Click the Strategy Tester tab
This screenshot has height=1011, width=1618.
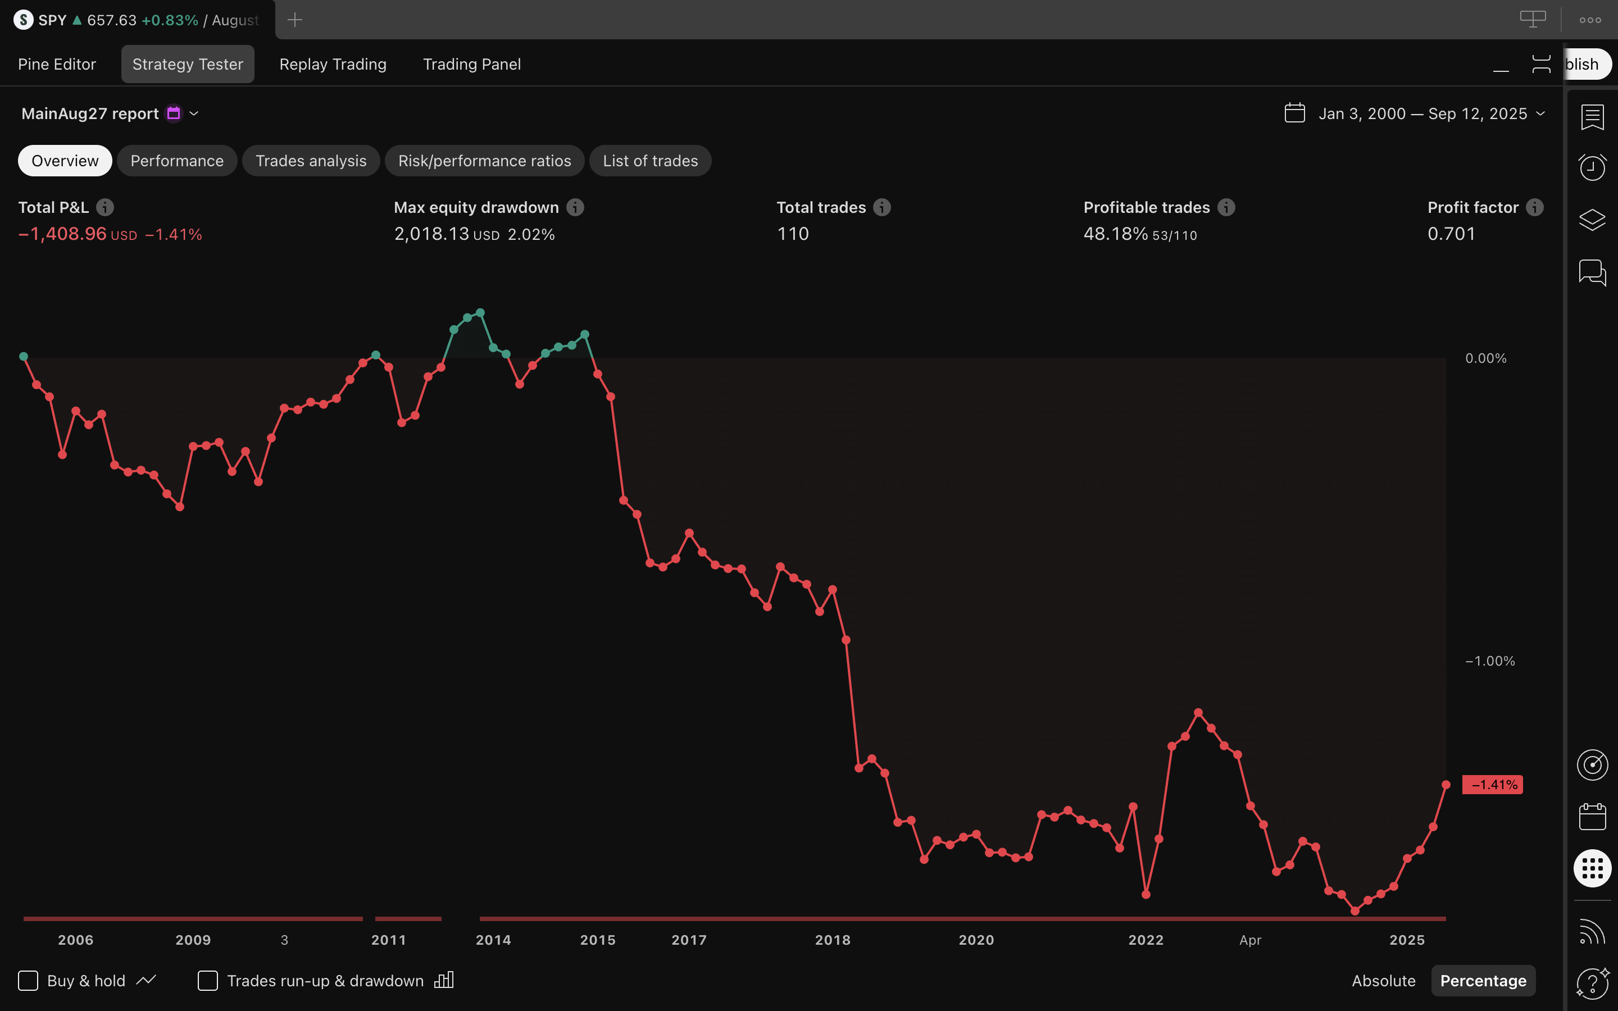187,64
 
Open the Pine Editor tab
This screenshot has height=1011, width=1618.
57,64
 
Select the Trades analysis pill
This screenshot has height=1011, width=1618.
311,161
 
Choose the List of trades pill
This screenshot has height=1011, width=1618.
650,161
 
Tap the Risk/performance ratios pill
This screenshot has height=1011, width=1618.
485,161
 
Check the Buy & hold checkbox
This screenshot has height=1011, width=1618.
28,980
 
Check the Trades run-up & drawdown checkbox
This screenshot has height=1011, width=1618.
208,980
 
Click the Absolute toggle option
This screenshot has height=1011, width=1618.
1383,980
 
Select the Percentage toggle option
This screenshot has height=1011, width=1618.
1483,980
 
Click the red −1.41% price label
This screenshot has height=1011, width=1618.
1492,784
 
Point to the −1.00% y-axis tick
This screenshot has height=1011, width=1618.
1490,661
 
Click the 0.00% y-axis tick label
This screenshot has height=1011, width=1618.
1485,358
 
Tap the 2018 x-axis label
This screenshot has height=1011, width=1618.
833,940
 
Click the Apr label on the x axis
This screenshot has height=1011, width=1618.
1250,940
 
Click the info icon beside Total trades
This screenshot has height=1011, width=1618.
882,207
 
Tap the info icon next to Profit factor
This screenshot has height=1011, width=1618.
1534,207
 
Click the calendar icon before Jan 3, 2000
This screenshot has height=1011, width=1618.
1294,113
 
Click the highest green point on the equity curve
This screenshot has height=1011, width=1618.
480,313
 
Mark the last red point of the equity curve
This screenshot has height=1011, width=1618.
1446,784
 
